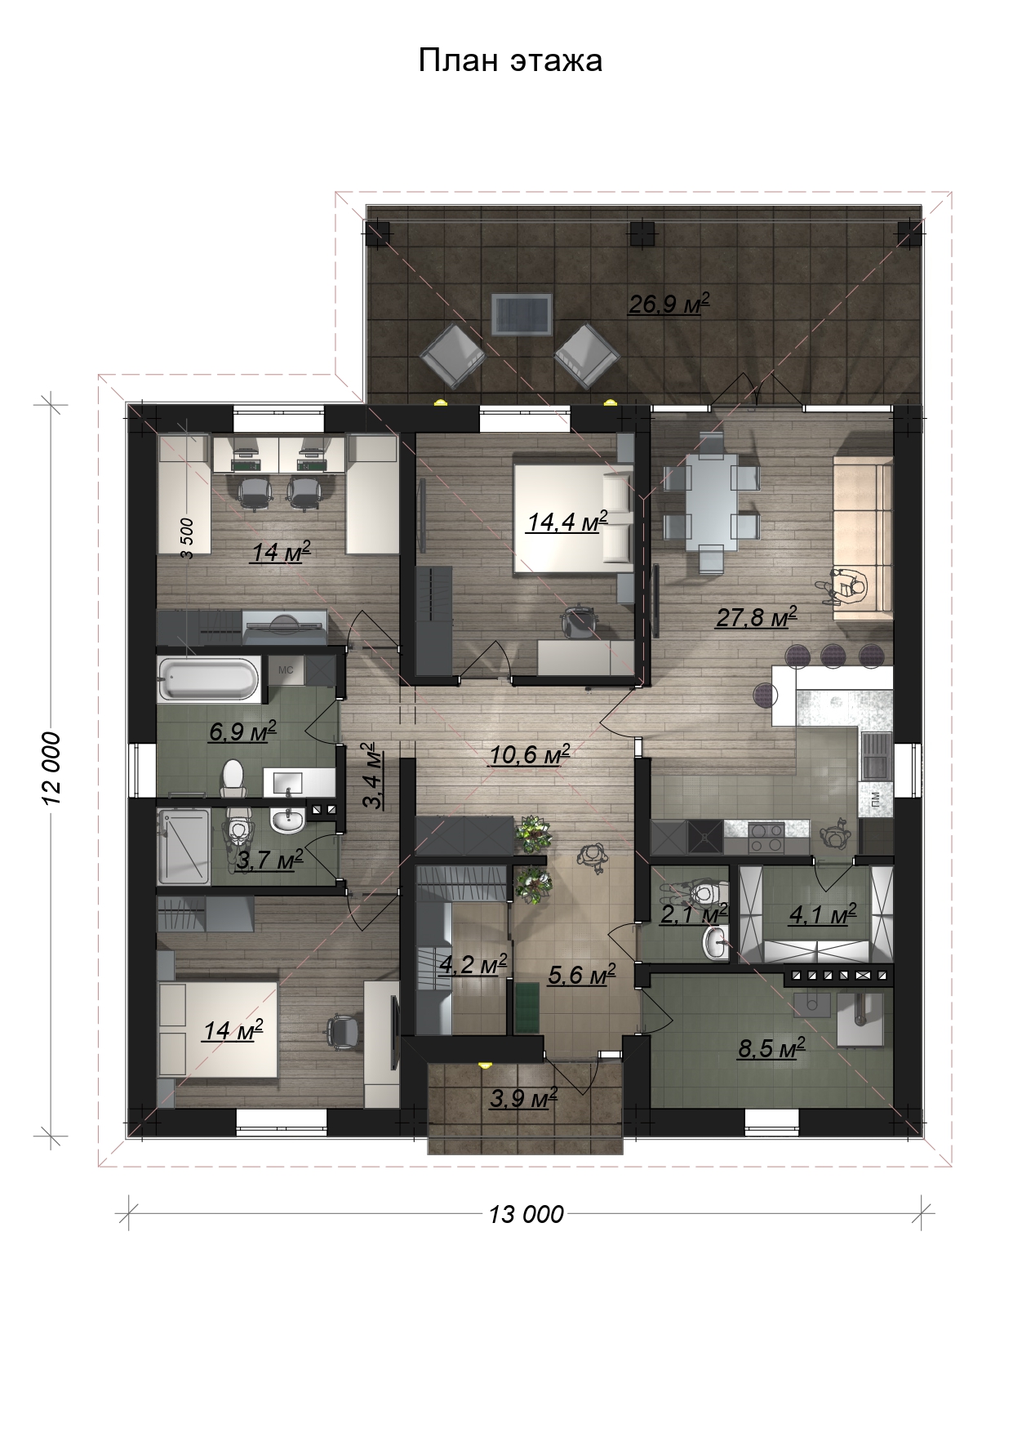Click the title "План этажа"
click(510, 60)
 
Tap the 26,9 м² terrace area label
click(669, 305)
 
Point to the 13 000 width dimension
click(526, 1214)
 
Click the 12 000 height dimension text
click(52, 767)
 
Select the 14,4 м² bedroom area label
click(567, 522)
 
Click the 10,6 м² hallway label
click(529, 755)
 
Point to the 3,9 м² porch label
click(523, 1099)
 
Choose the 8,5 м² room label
click(771, 1048)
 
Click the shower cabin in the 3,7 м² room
click(184, 846)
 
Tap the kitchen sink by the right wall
click(875, 755)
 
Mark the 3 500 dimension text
click(187, 538)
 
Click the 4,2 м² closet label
click(473, 965)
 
